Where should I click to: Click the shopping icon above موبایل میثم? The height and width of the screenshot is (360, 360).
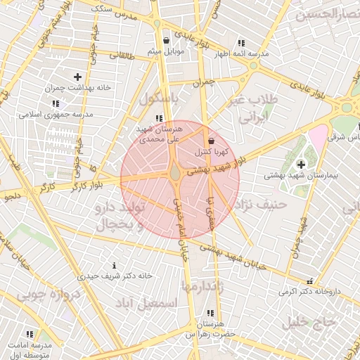tap(166, 41)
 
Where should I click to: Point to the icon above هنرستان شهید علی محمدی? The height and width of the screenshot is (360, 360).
tap(160, 118)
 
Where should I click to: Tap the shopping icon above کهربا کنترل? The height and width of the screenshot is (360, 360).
tap(211, 141)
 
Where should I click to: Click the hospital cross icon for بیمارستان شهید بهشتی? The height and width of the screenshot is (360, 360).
tap(302, 165)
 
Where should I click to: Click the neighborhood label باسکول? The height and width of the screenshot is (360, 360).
tap(161, 98)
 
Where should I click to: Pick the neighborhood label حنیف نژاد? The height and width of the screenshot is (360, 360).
tap(261, 205)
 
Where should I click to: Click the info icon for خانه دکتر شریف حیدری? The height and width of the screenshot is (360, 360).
tap(115, 265)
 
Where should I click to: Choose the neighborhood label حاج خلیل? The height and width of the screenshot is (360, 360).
tap(306, 322)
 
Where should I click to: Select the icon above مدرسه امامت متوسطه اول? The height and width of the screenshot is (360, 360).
tap(30, 334)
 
